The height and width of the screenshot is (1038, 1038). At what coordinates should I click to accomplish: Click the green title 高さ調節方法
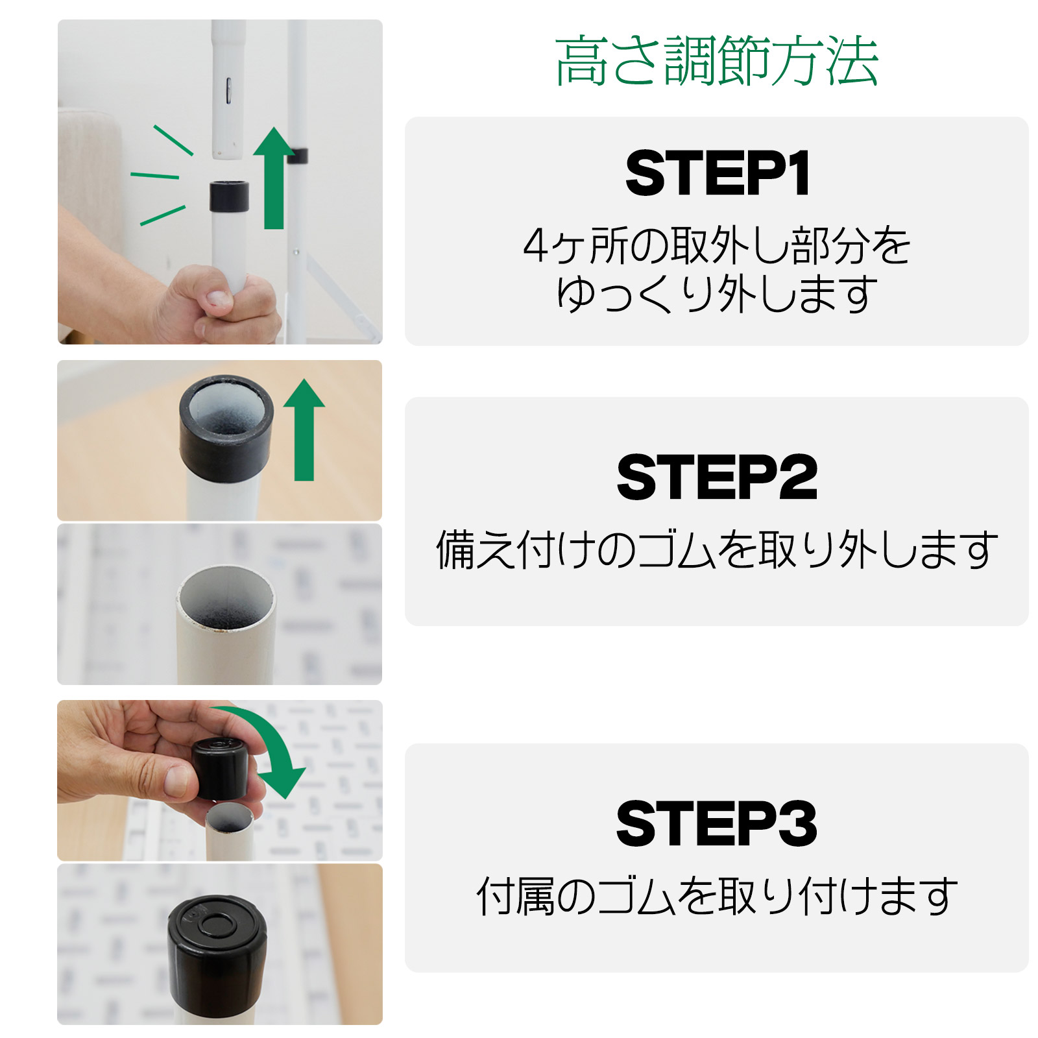tap(716, 61)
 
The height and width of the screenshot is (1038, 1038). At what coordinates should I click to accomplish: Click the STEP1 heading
tap(716, 173)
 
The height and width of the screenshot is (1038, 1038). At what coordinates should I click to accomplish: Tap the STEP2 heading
tap(716, 477)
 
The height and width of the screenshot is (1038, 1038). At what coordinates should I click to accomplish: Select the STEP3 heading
tap(716, 823)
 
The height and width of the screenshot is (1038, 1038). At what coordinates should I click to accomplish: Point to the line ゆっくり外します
tap(716, 295)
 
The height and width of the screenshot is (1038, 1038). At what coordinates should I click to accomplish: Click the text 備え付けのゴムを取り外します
tap(716, 549)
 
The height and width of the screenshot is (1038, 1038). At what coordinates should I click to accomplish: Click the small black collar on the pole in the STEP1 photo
tap(229, 197)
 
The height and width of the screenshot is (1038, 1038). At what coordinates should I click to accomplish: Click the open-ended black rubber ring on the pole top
tap(226, 428)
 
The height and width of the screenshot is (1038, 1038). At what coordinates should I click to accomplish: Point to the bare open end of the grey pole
tap(226, 597)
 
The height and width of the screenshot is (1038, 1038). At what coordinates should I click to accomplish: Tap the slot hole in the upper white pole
tap(228, 91)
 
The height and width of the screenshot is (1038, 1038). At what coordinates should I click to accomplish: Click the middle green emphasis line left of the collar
tap(154, 175)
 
